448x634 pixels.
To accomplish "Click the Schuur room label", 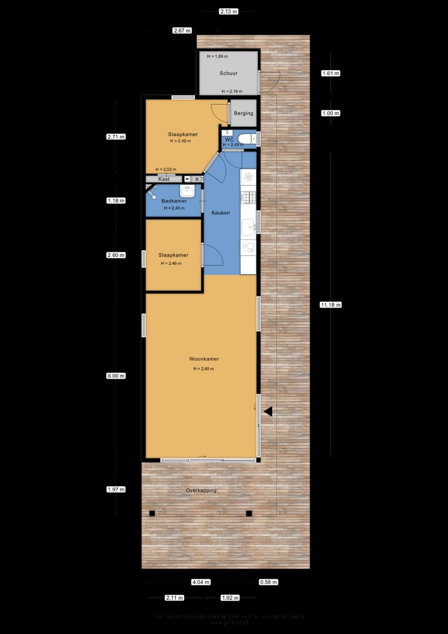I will (x=229, y=73).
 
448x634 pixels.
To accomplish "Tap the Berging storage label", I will (x=243, y=113).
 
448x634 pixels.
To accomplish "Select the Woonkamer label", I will (x=203, y=359).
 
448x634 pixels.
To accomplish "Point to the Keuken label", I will (x=220, y=213).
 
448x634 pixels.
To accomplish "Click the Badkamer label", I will (x=174, y=201).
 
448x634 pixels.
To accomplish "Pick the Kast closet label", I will (x=164, y=178).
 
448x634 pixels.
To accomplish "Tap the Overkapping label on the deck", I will (x=201, y=490).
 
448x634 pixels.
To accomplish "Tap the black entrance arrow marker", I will (x=267, y=412).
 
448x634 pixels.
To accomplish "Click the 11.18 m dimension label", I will (x=331, y=305).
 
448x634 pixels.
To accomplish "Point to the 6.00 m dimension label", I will (x=116, y=376).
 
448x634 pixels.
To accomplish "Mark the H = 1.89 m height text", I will (x=218, y=56).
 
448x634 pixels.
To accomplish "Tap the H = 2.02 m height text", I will (x=165, y=170).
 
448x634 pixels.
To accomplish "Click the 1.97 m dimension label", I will (x=116, y=489).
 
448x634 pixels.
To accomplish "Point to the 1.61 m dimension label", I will (x=331, y=73).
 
